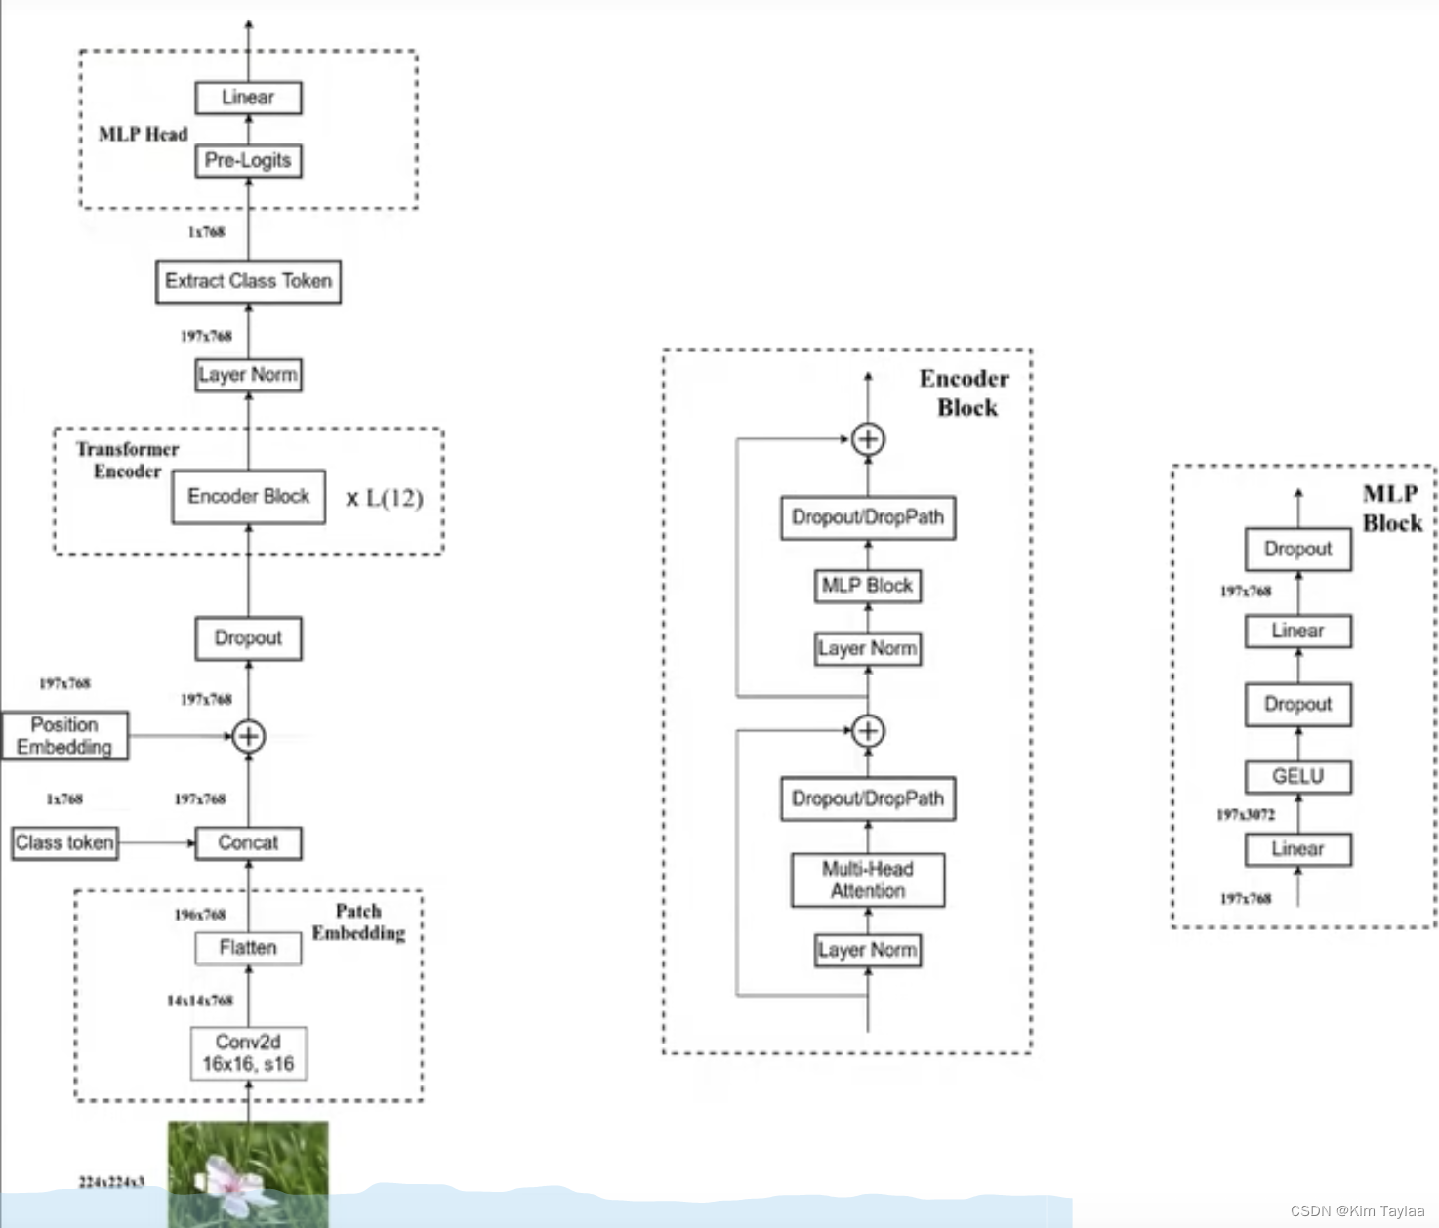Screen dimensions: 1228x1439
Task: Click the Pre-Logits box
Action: click(x=248, y=161)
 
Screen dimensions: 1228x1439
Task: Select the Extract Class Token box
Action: click(x=248, y=281)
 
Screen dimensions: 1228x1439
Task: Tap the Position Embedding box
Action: click(x=64, y=736)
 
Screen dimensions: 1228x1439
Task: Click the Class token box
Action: click(x=64, y=842)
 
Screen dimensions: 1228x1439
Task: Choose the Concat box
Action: click(x=248, y=842)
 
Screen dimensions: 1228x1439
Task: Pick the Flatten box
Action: click(x=248, y=948)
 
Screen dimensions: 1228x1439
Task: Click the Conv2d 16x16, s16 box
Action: click(x=248, y=1053)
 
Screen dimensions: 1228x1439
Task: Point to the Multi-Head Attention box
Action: click(x=867, y=880)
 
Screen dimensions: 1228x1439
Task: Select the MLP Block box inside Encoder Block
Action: click(x=867, y=586)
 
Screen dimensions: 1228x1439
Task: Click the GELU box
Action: click(x=1297, y=777)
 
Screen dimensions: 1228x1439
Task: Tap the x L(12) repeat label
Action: click(x=385, y=499)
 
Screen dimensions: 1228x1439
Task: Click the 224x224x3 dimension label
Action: click(x=111, y=1182)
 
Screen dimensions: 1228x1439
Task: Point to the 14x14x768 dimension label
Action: click(x=200, y=1001)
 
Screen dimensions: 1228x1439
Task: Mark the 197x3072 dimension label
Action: click(x=1246, y=814)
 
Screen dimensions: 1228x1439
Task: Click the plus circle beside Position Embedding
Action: click(x=248, y=736)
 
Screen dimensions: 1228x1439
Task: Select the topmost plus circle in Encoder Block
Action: click(x=867, y=439)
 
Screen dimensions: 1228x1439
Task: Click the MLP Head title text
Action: click(x=143, y=135)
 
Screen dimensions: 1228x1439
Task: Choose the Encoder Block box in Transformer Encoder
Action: click(x=248, y=497)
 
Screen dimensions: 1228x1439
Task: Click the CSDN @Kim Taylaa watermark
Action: click(x=1357, y=1210)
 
